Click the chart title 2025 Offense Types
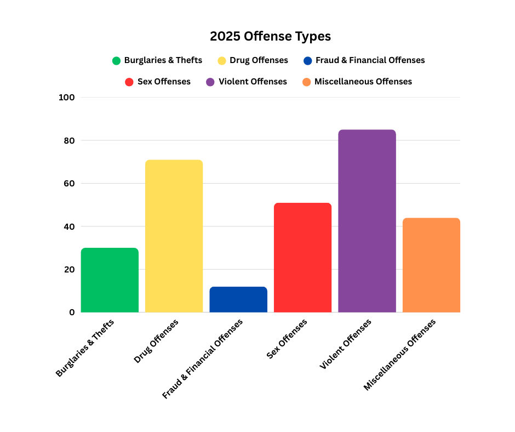(x=270, y=37)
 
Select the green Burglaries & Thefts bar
(x=110, y=280)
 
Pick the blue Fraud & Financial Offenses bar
(x=238, y=299)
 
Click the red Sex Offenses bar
(x=302, y=258)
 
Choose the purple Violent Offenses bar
(x=367, y=221)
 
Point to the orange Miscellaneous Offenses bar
(x=431, y=265)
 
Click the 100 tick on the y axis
(x=66, y=98)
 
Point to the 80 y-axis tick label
(x=68, y=140)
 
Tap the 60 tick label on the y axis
(x=68, y=184)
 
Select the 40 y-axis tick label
(x=68, y=226)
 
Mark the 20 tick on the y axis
(x=68, y=269)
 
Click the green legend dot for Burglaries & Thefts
(x=116, y=61)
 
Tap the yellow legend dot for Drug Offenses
(x=222, y=61)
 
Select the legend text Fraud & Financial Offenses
(x=370, y=60)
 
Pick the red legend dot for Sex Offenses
(x=129, y=82)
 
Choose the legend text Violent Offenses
(x=253, y=82)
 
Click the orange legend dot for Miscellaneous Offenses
(x=306, y=82)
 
